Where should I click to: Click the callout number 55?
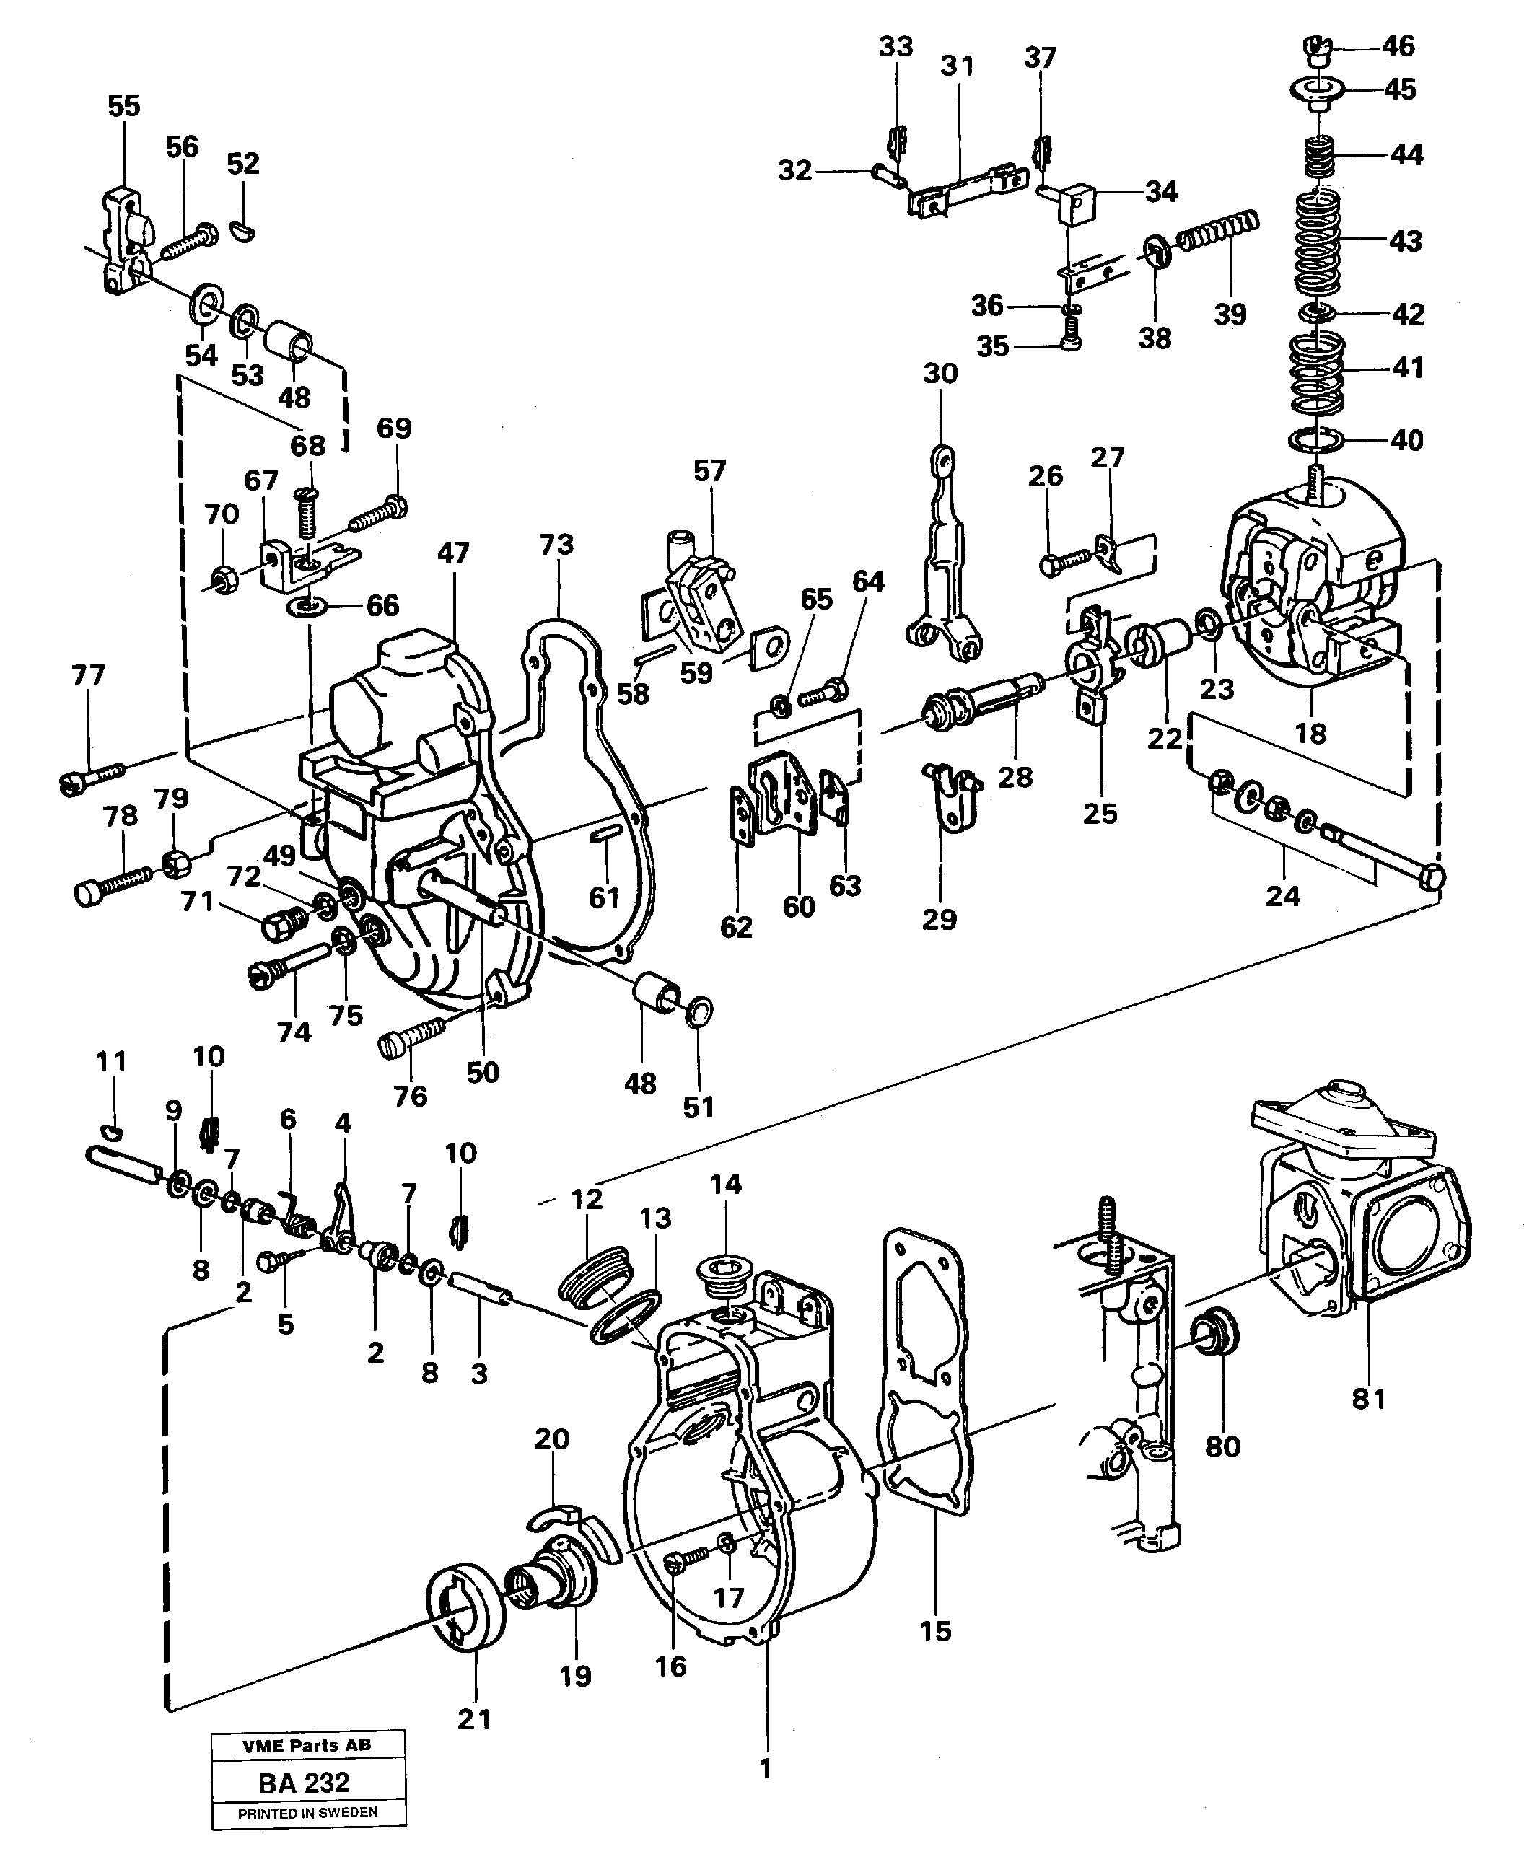[123, 107]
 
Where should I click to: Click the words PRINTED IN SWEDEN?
[307, 1813]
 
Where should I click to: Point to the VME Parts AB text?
[307, 1745]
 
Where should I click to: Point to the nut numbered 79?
[177, 863]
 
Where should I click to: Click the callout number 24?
[1282, 896]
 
